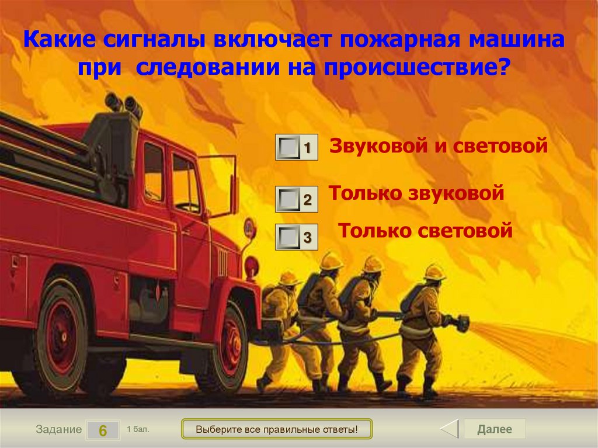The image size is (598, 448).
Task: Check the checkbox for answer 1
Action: [287, 148]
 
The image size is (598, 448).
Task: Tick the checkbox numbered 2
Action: [287, 200]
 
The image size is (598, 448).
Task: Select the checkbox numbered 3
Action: [287, 237]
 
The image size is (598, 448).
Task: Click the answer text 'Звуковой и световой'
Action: [439, 145]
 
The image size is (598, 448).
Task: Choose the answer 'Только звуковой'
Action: [416, 193]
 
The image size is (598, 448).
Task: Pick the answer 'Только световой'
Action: [425, 230]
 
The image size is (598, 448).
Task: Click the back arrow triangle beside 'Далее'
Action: [450, 429]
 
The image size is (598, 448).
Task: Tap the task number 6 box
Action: [102, 430]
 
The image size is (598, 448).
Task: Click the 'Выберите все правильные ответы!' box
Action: [276, 429]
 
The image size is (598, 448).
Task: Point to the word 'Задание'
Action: [58, 429]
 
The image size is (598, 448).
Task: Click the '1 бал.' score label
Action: [138, 429]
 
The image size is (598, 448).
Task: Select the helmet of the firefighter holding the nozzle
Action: [434, 272]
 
